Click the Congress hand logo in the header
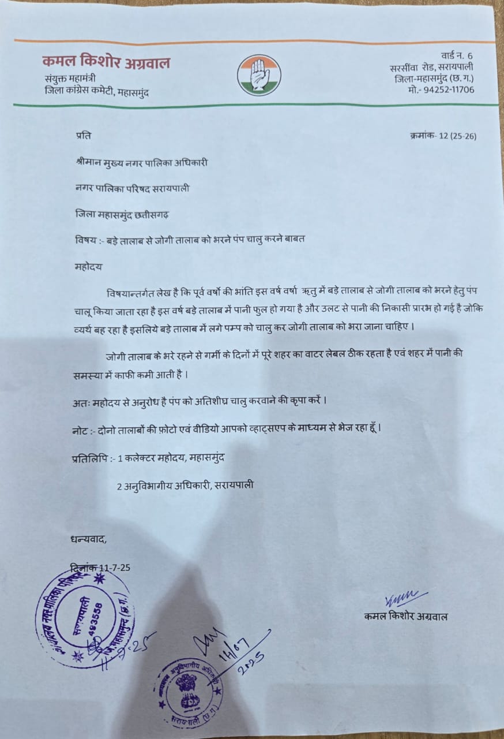(x=259, y=75)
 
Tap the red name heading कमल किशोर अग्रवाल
(x=106, y=62)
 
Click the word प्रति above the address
(x=83, y=136)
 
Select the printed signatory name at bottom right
(x=405, y=617)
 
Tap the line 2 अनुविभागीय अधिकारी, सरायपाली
(x=185, y=486)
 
